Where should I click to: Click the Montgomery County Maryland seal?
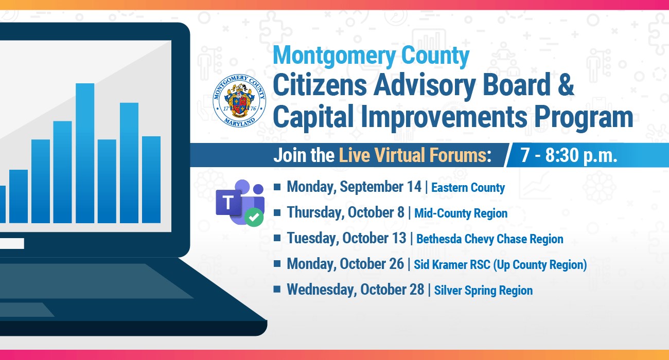pyautogui.click(x=239, y=101)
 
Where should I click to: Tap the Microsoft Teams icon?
pyautogui.click(x=240, y=203)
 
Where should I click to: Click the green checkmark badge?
pyautogui.click(x=254, y=217)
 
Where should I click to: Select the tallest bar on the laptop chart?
pyautogui.click(x=85, y=153)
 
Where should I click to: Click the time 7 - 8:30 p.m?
pyautogui.click(x=569, y=155)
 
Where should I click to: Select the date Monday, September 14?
pyautogui.click(x=354, y=187)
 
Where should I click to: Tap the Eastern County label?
pyautogui.click(x=468, y=188)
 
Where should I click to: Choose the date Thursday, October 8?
pyautogui.click(x=345, y=212)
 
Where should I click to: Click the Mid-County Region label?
pyautogui.click(x=461, y=213)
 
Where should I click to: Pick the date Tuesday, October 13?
pyautogui.click(x=346, y=238)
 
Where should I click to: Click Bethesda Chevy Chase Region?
pyautogui.click(x=490, y=239)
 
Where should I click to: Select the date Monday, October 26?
pyautogui.click(x=345, y=264)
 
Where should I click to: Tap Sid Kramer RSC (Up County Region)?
pyautogui.click(x=500, y=265)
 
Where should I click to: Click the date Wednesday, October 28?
pyautogui.click(x=356, y=290)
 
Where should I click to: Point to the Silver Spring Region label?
pyautogui.click(x=483, y=291)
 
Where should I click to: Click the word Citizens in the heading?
pyautogui.click(x=320, y=85)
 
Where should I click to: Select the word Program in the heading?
pyautogui.click(x=584, y=117)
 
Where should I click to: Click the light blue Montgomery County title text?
pyautogui.click(x=371, y=56)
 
